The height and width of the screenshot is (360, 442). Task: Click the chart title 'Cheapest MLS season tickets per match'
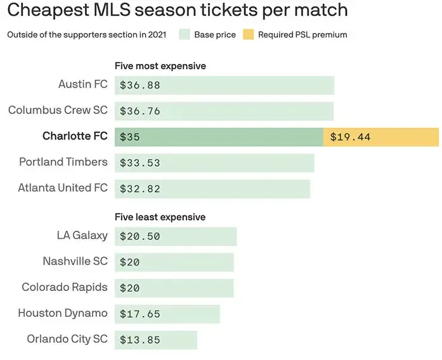pos(178,11)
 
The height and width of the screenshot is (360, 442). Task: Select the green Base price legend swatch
pos(185,35)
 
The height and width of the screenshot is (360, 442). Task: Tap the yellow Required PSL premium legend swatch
pos(247,35)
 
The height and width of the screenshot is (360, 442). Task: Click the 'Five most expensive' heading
pos(160,66)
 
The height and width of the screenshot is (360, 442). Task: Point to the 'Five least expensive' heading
pos(160,217)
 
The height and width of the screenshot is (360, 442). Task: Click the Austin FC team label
pos(82,84)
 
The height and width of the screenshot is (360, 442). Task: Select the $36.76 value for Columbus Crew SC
pos(140,111)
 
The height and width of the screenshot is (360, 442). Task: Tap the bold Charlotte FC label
pos(75,136)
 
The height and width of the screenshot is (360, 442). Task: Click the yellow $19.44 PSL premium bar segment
pos(380,137)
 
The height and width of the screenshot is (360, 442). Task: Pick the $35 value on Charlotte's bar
pos(130,137)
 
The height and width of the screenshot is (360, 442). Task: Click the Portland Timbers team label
pos(63,162)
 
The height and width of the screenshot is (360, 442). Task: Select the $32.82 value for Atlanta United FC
pos(140,189)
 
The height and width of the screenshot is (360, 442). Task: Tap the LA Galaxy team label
pos(82,236)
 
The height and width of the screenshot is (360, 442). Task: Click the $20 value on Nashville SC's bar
pos(130,262)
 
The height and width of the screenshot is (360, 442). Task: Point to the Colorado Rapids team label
pos(65,287)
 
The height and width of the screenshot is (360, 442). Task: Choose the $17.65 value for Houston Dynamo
pos(140,314)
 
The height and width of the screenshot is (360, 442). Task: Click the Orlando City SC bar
pos(156,340)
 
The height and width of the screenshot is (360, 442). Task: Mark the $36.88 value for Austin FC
pos(140,85)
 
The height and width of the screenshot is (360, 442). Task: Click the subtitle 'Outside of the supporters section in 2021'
pos(87,35)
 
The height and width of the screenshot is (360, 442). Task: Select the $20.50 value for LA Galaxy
pos(140,236)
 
